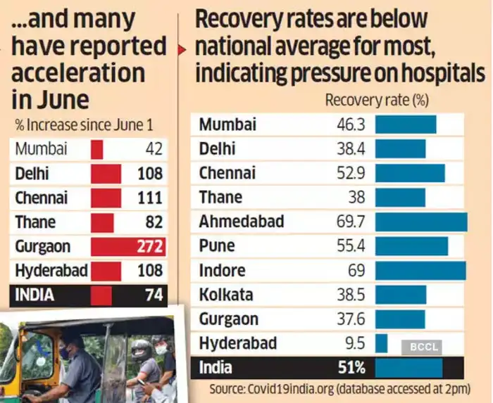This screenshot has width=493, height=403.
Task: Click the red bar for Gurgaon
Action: (127, 247)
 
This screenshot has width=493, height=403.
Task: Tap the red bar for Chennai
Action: (106, 198)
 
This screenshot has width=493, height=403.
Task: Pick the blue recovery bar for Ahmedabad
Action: (420, 222)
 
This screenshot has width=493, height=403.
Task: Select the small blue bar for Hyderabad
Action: (381, 343)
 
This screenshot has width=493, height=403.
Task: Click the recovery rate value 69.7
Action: (350, 222)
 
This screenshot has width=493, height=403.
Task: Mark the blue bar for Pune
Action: (411, 246)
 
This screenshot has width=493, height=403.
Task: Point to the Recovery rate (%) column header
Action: (377, 101)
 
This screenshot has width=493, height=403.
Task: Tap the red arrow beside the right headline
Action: (182, 50)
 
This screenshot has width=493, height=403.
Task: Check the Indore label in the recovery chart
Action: (223, 271)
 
